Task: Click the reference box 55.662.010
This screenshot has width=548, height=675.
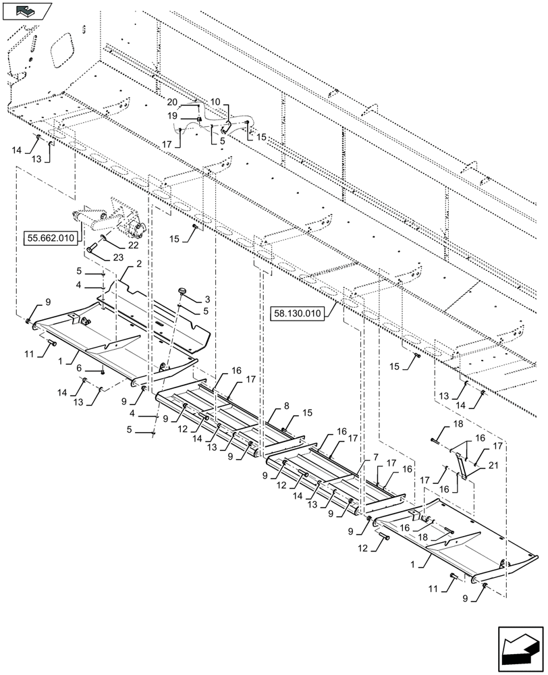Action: click(51, 238)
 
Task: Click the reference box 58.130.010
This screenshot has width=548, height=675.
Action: click(298, 313)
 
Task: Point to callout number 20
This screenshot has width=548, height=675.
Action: click(173, 101)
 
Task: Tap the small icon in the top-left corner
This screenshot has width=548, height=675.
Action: click(26, 10)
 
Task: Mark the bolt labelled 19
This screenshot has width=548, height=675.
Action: click(199, 120)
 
